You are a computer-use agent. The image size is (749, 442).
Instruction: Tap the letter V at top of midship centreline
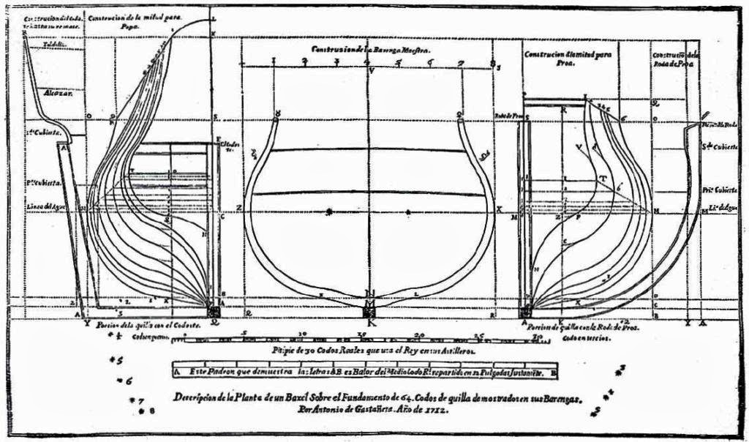(371, 71)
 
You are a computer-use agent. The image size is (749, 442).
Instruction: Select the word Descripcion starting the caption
(195, 398)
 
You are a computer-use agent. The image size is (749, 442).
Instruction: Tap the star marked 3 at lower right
(621, 370)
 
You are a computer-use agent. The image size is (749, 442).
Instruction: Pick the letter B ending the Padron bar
(553, 372)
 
